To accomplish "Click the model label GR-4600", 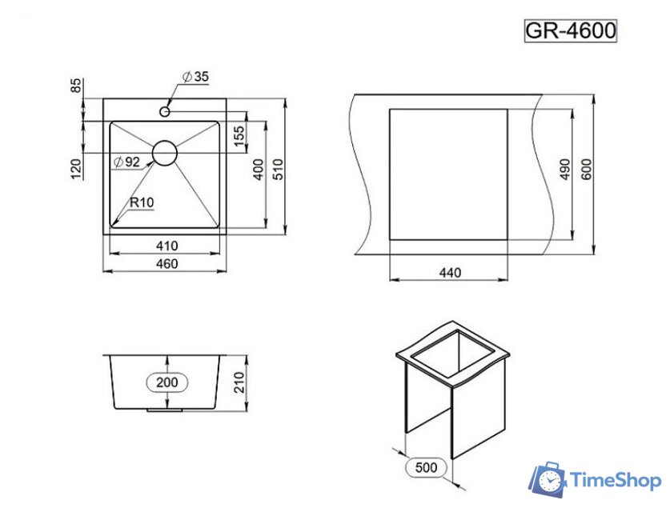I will pyautogui.click(x=570, y=30).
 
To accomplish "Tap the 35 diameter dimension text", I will pyautogui.click(x=195, y=77).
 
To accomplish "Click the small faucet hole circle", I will pyautogui.click(x=166, y=111).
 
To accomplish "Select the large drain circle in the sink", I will pyautogui.click(x=166, y=153).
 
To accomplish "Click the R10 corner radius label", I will pyautogui.click(x=142, y=202).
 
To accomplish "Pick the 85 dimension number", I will pyautogui.click(x=77, y=85).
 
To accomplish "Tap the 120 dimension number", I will pyautogui.click(x=77, y=169).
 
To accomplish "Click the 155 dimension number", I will pyautogui.click(x=239, y=136).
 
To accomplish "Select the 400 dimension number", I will pyautogui.click(x=259, y=170).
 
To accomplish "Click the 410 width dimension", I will pyautogui.click(x=166, y=245).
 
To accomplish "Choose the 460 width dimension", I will pyautogui.click(x=166, y=264).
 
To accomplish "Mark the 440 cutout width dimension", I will pyautogui.click(x=450, y=273).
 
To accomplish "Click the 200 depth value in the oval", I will pyautogui.click(x=167, y=382).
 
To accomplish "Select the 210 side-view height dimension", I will pyautogui.click(x=238, y=383).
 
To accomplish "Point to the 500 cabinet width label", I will pyautogui.click(x=427, y=467).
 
